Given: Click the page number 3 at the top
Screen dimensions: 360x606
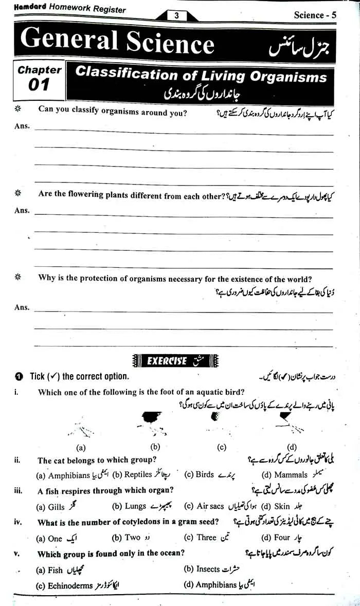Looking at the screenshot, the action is [176, 16].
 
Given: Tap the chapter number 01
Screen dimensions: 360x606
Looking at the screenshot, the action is [39, 85].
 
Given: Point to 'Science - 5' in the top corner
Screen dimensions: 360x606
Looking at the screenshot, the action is [315, 15].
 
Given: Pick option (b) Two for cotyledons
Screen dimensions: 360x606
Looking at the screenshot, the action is [126, 538].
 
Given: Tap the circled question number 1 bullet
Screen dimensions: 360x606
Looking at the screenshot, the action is [19, 377].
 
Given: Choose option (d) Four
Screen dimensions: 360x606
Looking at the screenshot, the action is [276, 538].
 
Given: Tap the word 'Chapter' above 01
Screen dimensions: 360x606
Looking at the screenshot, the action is [40, 69].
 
